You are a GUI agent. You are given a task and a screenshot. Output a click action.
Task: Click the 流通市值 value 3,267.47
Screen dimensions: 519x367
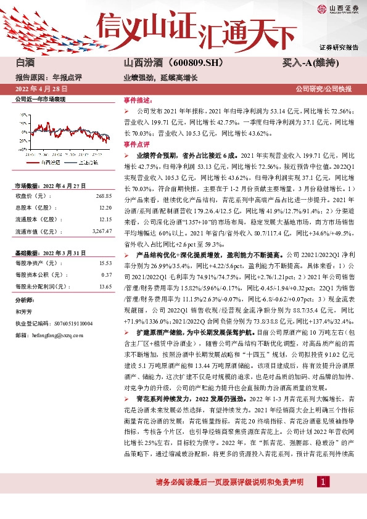(x=102, y=231)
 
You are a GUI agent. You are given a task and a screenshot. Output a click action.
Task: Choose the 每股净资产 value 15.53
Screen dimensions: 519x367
(x=105, y=263)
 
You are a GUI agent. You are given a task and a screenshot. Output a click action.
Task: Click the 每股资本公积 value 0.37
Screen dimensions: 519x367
(x=106, y=274)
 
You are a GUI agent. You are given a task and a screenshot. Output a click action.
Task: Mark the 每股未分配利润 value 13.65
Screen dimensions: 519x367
(x=105, y=286)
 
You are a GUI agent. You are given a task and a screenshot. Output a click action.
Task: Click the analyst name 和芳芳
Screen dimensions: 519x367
(x=23, y=311)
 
